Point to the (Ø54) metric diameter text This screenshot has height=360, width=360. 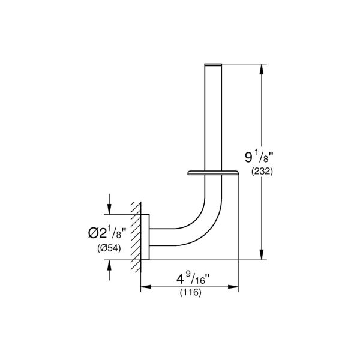click(110, 248)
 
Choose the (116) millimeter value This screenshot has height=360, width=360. click(190, 293)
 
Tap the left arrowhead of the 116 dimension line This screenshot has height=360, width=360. click(144, 287)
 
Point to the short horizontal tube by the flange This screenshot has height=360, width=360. click(165, 237)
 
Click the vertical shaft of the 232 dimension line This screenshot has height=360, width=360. click(261, 120)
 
